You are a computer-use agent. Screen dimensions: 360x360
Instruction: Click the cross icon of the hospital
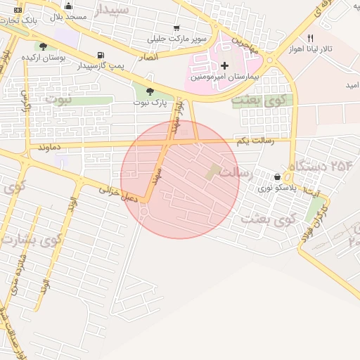[224, 65]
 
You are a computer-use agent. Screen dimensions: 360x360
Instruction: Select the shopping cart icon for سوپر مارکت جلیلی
[176, 28]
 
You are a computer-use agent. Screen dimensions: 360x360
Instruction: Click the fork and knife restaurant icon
[311, 39]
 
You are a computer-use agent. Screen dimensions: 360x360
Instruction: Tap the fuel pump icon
[103, 56]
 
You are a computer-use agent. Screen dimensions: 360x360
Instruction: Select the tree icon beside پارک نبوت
[149, 91]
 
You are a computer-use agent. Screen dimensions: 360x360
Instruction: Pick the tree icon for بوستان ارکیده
[44, 47]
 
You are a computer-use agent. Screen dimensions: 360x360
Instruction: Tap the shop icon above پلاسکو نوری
[278, 177]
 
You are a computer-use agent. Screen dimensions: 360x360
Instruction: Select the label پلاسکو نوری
[273, 188]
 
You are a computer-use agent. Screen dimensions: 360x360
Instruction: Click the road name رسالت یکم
[252, 142]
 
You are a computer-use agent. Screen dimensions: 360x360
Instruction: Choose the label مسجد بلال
[68, 16]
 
